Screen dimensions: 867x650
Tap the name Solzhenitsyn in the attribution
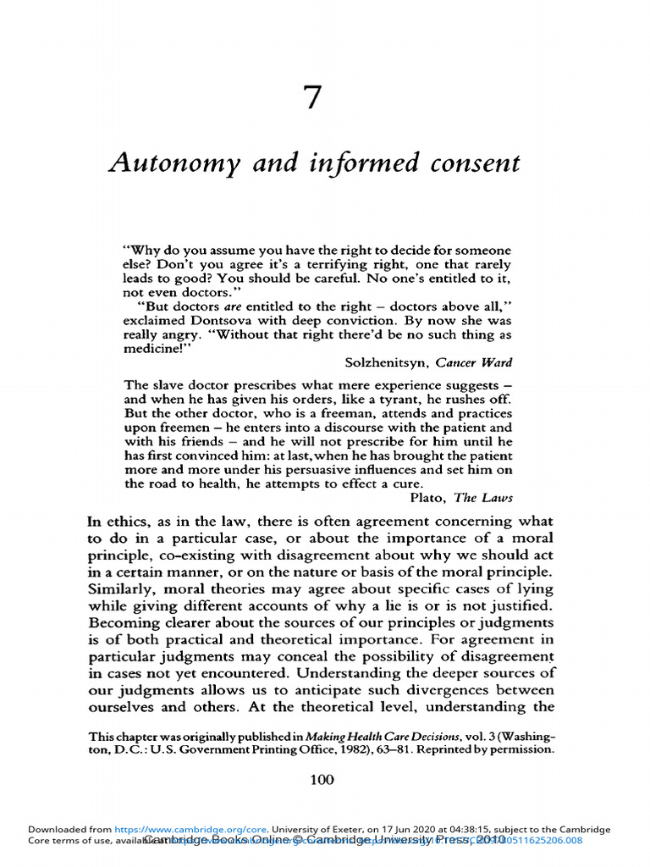387,362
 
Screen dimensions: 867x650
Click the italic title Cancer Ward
474,362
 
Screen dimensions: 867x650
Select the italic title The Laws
484,497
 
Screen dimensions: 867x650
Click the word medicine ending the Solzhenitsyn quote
150,348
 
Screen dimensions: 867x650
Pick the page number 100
322,780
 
